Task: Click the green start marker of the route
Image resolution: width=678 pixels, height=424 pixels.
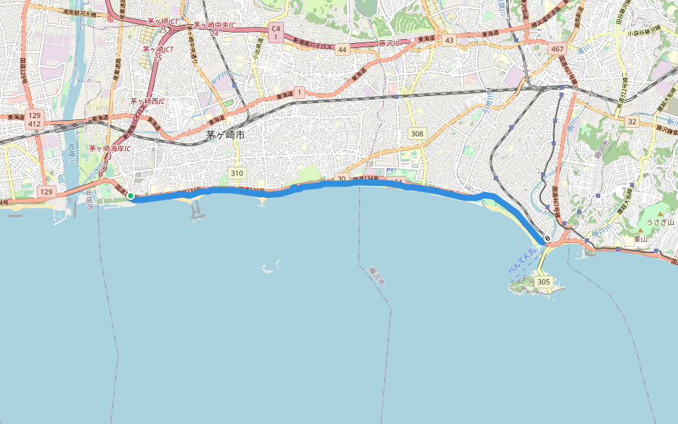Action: pos(131,196)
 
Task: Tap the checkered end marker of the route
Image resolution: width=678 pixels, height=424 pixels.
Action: pos(547,239)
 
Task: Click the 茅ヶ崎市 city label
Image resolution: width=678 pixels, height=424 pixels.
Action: pos(225,136)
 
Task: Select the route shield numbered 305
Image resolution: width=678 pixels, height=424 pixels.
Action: pos(543,282)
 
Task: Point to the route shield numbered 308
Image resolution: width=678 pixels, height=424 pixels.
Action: pos(417,134)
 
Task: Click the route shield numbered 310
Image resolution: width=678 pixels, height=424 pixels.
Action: pos(237,173)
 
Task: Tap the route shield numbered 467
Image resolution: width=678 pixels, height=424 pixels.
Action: pos(557,49)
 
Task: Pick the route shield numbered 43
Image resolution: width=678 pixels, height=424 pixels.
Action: pos(449,40)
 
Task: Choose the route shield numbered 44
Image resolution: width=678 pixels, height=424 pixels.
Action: pos(342,49)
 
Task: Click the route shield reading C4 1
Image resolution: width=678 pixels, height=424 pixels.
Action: pos(276,32)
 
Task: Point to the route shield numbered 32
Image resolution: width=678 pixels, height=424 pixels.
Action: pos(631,122)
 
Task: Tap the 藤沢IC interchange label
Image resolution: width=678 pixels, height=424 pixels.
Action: pos(389,43)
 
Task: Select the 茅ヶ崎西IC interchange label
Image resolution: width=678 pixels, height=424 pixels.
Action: pos(147,101)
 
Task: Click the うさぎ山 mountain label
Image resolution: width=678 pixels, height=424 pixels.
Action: pos(661,222)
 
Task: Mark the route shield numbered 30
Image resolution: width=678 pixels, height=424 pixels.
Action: pos(342,179)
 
